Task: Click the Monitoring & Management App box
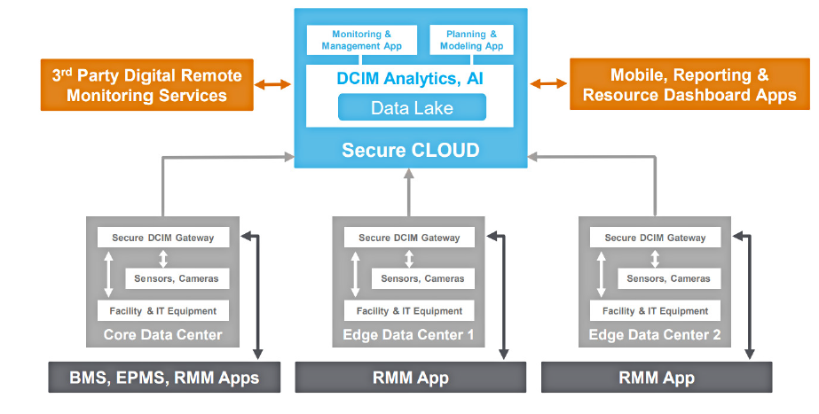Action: pyautogui.click(x=361, y=40)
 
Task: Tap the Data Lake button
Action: pyautogui.click(x=412, y=108)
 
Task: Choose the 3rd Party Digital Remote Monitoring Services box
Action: pyautogui.click(x=147, y=85)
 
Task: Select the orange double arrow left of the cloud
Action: pyautogui.click(x=272, y=84)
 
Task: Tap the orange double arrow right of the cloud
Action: pyautogui.click(x=549, y=84)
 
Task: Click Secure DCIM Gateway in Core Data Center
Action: pyautogui.click(x=163, y=238)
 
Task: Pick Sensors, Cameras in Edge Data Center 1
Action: pyautogui.click(x=422, y=278)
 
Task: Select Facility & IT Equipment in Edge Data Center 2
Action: pyautogui.click(x=655, y=311)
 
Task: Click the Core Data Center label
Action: pyautogui.click(x=163, y=335)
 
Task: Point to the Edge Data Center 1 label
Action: pyautogui.click(x=409, y=335)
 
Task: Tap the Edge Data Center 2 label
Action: pyautogui.click(x=655, y=335)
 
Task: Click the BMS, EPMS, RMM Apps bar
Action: pyautogui.click(x=164, y=378)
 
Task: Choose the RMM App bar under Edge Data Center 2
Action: pyautogui.click(x=657, y=378)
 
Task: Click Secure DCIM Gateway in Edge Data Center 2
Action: pyautogui.click(x=655, y=238)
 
